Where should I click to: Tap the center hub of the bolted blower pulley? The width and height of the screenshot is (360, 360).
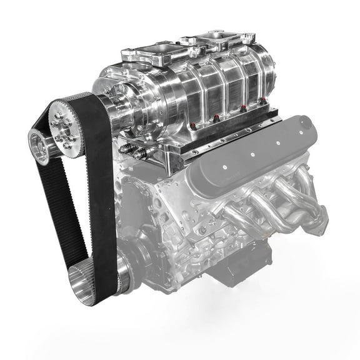tap(65, 128)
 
